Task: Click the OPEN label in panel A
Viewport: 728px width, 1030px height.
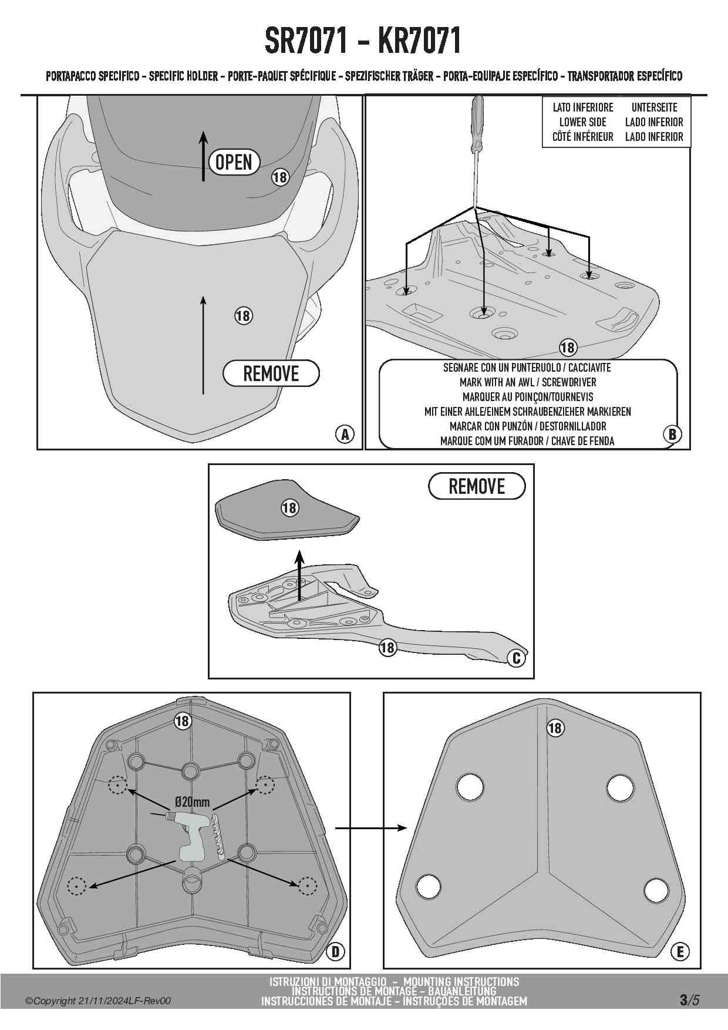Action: point(234,162)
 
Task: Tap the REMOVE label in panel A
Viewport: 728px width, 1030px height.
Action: point(271,373)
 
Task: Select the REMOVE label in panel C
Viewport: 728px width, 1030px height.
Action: point(477,486)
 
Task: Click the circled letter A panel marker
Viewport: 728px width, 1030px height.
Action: point(345,434)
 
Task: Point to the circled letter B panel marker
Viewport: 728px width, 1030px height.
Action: point(672,434)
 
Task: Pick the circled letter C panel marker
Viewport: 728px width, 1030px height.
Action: point(517,658)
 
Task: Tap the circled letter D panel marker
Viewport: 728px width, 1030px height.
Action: point(335,951)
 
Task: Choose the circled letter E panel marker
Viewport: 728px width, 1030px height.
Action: point(680,951)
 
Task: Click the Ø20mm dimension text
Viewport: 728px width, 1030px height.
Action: point(192,803)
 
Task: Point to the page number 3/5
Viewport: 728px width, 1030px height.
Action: point(689,1000)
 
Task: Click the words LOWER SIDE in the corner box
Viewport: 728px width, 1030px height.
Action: point(582,122)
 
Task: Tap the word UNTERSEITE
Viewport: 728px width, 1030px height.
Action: point(654,107)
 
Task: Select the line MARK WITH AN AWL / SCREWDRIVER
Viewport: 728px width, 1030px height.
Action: point(527,382)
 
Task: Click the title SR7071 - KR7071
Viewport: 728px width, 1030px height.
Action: point(363,41)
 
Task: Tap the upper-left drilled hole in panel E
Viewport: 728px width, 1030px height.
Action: point(470,786)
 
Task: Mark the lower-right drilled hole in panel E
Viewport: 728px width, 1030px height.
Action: point(656,890)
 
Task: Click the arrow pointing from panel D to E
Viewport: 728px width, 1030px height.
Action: point(371,828)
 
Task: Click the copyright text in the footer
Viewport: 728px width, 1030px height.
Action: point(98,1001)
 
